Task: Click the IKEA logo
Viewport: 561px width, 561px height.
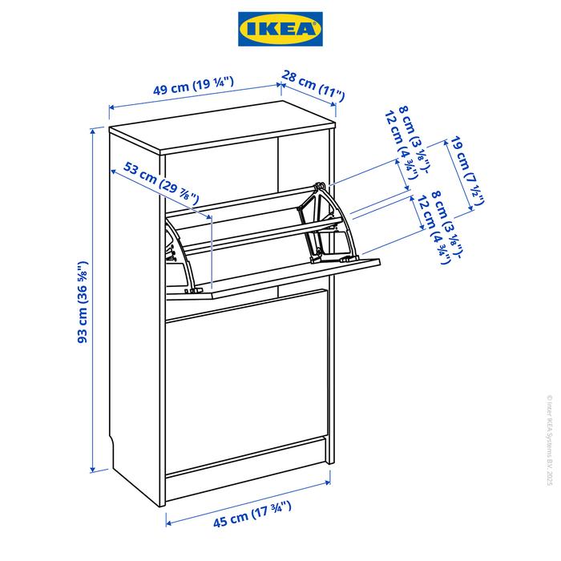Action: coord(280,29)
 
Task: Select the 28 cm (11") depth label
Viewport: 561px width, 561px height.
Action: coord(313,85)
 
